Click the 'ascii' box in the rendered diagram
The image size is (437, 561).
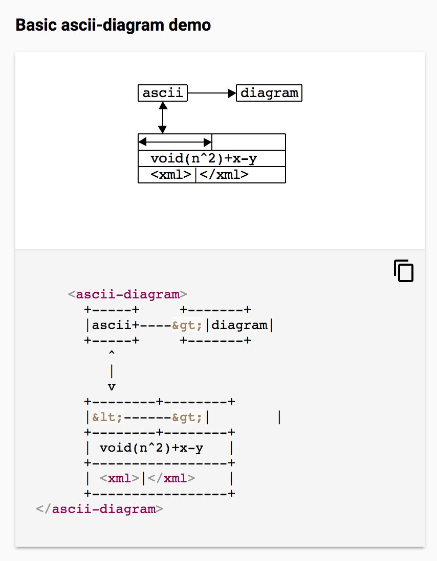click(163, 93)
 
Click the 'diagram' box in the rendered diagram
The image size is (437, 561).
click(269, 93)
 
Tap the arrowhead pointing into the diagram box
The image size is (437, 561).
click(232, 93)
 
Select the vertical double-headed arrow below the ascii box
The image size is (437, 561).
click(163, 118)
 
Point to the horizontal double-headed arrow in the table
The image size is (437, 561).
click(175, 142)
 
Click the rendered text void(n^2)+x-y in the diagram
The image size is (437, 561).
click(204, 158)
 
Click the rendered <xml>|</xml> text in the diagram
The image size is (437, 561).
click(200, 175)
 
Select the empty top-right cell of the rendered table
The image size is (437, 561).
click(249, 142)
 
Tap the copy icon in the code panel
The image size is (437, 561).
click(403, 271)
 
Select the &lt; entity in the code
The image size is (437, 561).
click(107, 417)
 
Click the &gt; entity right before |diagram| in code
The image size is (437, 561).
click(187, 325)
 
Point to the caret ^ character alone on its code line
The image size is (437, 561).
click(112, 353)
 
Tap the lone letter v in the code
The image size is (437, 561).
click(112, 386)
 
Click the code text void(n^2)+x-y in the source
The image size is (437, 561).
click(151, 448)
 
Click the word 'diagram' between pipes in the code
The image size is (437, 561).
click(239, 325)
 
